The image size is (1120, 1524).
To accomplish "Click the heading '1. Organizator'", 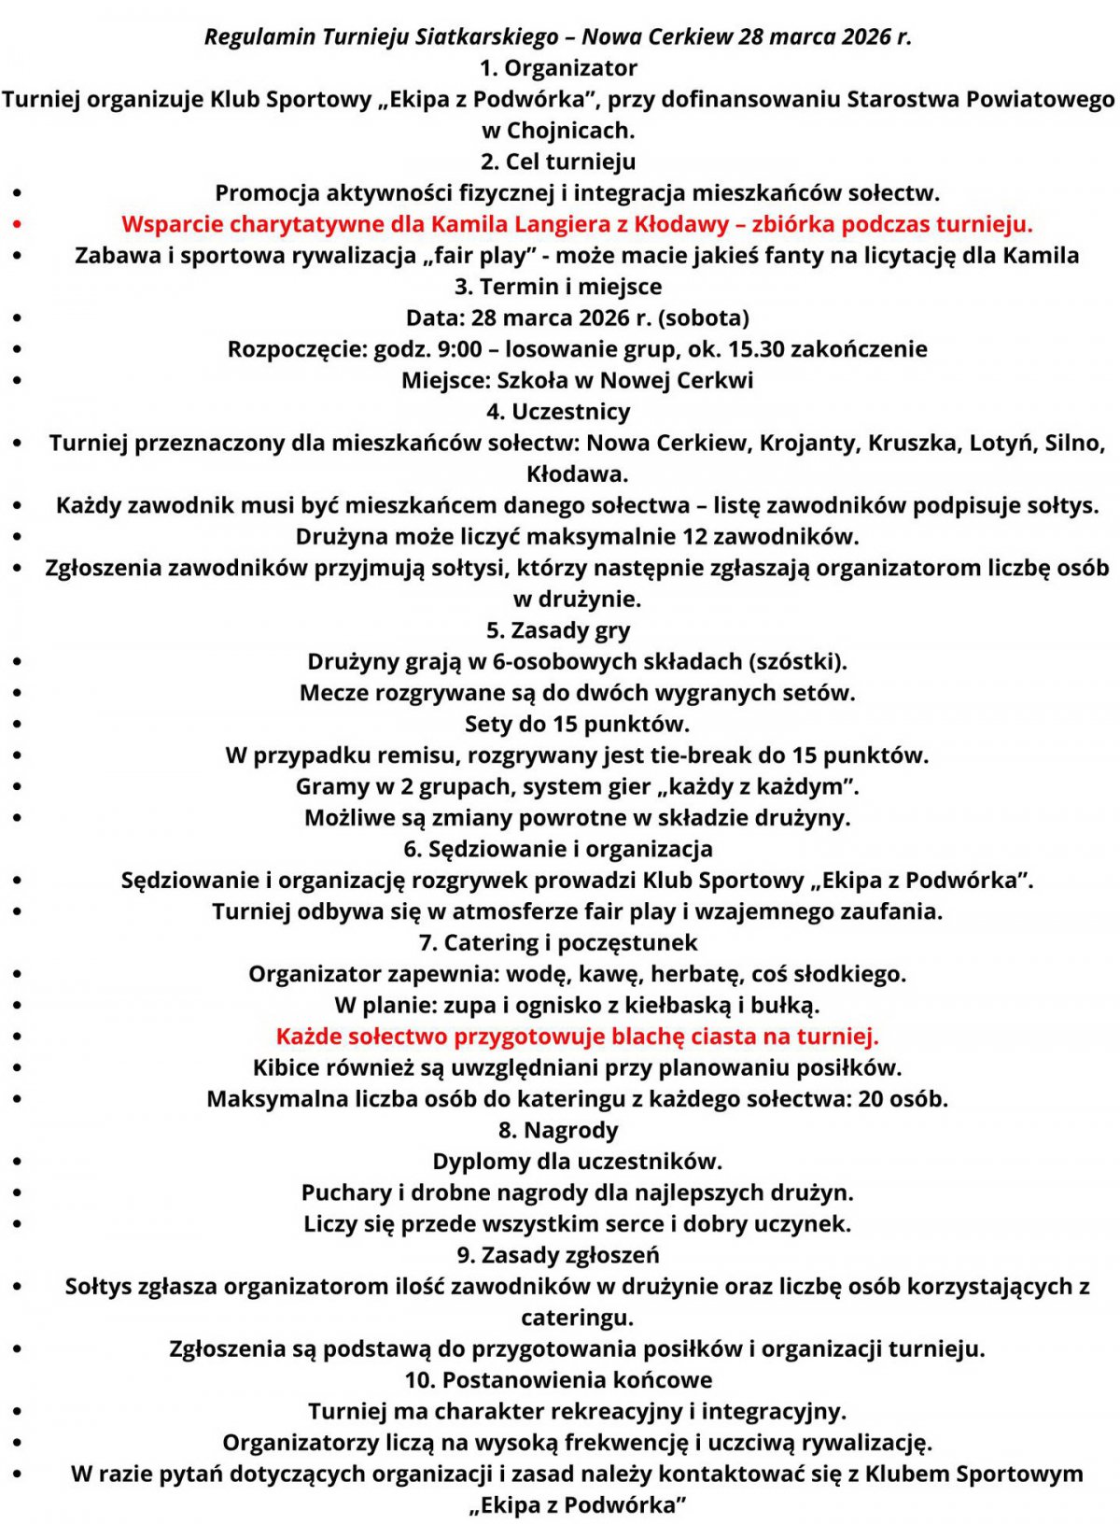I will [558, 68].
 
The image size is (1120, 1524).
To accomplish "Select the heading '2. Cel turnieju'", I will [558, 162].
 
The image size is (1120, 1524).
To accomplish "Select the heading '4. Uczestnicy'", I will [558, 412].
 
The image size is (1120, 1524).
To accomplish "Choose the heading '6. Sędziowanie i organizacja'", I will [558, 849].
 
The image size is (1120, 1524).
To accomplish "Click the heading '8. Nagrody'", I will [558, 1131].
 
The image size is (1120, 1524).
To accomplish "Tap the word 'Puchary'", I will [346, 1193].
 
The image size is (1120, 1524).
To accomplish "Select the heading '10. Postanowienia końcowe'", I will [558, 1380].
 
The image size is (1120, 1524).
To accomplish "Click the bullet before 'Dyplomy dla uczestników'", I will [18, 1163].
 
